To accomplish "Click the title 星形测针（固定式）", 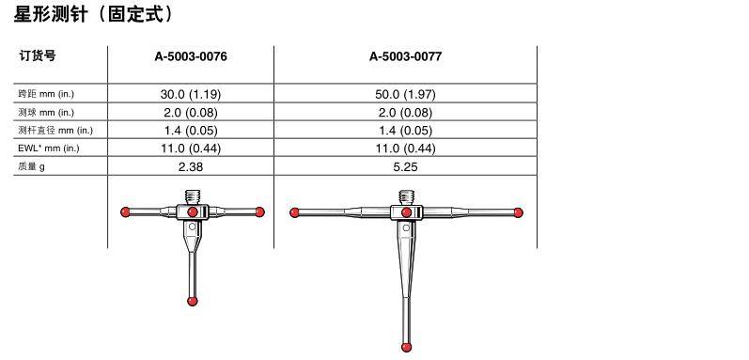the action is click(94, 15).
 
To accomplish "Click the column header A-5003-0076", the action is click(191, 56).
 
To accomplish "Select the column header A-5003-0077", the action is click(405, 56).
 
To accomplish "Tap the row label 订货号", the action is click(38, 55).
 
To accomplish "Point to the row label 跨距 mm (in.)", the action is click(46, 94).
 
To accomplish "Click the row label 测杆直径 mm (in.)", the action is click(55, 130).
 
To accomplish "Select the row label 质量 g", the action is click(32, 166).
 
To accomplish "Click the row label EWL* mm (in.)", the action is click(49, 148).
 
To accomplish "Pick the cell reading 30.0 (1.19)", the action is click(191, 94).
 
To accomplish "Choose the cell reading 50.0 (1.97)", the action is click(405, 94).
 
